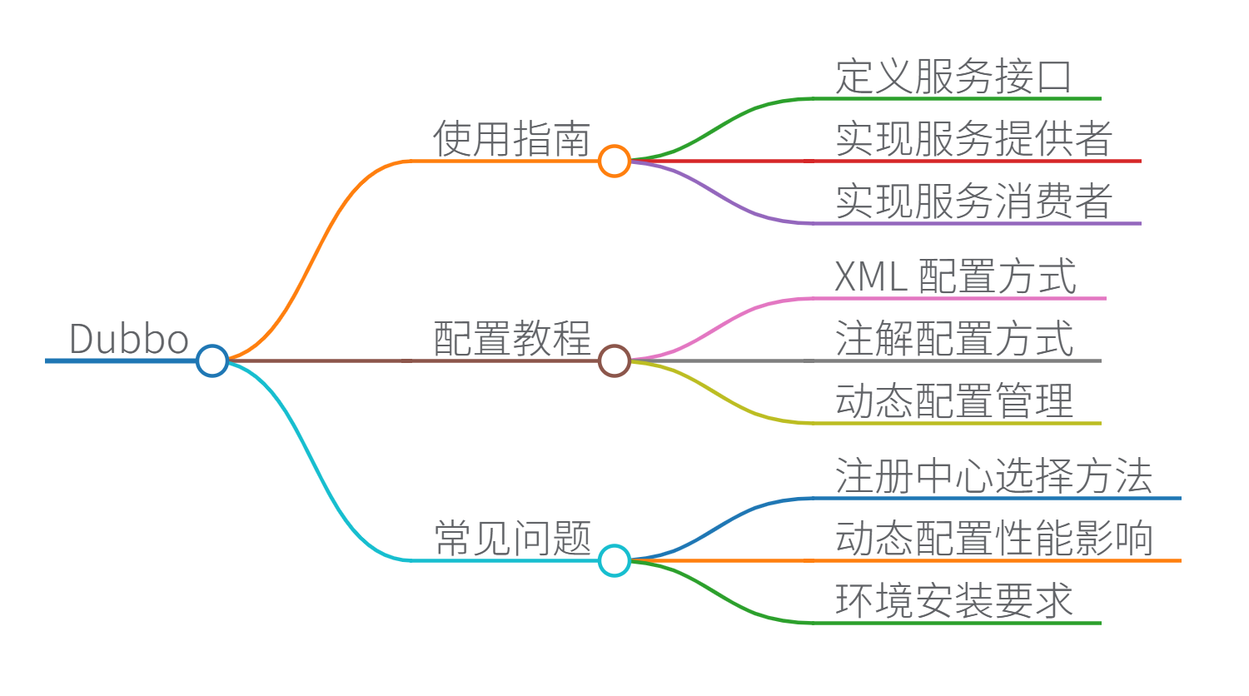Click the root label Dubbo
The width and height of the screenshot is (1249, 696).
point(129,339)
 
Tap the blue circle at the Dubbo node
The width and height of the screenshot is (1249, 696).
point(212,360)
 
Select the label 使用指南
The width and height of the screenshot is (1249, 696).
point(511,138)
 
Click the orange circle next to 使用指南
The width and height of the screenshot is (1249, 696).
point(615,161)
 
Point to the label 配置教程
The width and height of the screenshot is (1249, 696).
point(511,339)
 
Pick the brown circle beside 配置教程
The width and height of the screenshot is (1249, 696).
point(615,360)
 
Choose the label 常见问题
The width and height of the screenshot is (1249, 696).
point(511,539)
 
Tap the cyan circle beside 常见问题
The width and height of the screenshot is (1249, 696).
point(615,560)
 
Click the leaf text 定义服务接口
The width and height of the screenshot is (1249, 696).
point(953,77)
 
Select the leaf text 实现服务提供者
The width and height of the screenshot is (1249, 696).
point(973,138)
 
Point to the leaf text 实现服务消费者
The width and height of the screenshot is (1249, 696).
point(973,201)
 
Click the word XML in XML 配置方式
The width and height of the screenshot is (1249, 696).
point(870,276)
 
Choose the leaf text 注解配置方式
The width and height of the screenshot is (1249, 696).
point(953,339)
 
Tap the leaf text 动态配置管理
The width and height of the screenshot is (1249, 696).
point(953,401)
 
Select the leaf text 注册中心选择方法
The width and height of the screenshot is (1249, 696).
point(993,476)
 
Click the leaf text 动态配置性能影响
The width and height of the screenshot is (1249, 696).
point(993,539)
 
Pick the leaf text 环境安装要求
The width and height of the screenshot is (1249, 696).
point(953,601)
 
